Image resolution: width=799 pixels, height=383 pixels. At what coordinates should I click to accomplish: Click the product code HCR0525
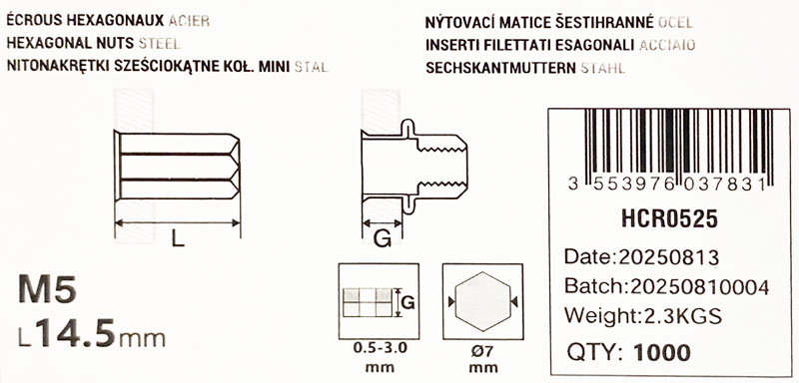[669, 219]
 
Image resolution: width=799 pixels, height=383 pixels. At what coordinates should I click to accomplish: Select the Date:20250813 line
[641, 257]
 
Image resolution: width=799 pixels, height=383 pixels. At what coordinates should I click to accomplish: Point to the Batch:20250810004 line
[666, 287]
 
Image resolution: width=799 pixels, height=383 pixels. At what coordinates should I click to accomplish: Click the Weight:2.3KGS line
[642, 317]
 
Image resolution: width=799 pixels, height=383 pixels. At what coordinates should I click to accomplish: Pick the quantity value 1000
[662, 352]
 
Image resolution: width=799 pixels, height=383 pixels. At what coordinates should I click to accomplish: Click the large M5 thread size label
[47, 290]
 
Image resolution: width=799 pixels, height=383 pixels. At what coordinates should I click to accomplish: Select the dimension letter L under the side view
[178, 239]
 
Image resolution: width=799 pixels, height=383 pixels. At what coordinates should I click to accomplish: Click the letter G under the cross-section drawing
[383, 239]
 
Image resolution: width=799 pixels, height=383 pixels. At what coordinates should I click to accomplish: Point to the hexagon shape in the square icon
[482, 301]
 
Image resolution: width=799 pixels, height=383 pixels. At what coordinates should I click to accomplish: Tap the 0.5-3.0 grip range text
[379, 350]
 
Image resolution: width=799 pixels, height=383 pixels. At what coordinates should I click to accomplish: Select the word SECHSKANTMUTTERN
[501, 68]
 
